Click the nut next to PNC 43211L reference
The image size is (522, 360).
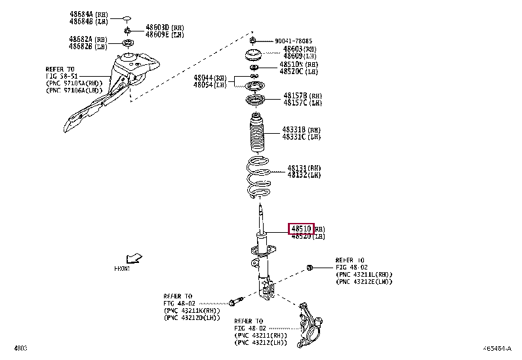tap(310, 268)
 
